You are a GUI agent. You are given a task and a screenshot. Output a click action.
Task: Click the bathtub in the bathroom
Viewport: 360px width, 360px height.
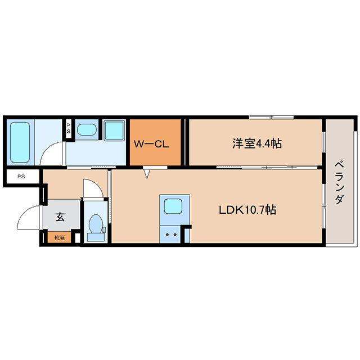(20, 142)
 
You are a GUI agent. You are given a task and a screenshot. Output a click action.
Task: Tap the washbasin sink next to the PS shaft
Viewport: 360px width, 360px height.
(87, 130)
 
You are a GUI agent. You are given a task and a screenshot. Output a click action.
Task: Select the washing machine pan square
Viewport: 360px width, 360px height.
(114, 130)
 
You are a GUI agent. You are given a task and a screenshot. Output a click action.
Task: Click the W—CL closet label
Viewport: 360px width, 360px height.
(151, 144)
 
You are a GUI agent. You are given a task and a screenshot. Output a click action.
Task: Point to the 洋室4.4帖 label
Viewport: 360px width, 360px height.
(257, 143)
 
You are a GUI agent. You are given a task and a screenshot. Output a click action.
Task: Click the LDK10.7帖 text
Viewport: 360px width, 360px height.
(247, 210)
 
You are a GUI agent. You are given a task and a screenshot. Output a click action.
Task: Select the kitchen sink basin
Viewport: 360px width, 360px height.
(173, 206)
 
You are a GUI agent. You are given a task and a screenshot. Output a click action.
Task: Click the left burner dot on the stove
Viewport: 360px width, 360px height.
(168, 235)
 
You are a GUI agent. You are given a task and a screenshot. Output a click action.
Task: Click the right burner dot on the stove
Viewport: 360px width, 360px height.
(175, 235)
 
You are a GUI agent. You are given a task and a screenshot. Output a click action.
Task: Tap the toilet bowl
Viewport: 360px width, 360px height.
(96, 223)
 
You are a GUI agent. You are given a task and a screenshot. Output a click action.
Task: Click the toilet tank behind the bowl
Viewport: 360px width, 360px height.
(96, 237)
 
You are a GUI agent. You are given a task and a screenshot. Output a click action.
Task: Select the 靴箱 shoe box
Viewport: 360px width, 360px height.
(59, 237)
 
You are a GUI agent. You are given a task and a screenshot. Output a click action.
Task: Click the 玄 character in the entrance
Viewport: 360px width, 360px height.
(60, 217)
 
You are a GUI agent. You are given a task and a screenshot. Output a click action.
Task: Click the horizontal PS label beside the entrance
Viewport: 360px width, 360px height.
(21, 177)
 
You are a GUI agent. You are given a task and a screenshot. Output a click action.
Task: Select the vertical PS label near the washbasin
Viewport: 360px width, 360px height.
(69, 129)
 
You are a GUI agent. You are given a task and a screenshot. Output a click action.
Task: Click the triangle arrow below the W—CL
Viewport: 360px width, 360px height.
(147, 174)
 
